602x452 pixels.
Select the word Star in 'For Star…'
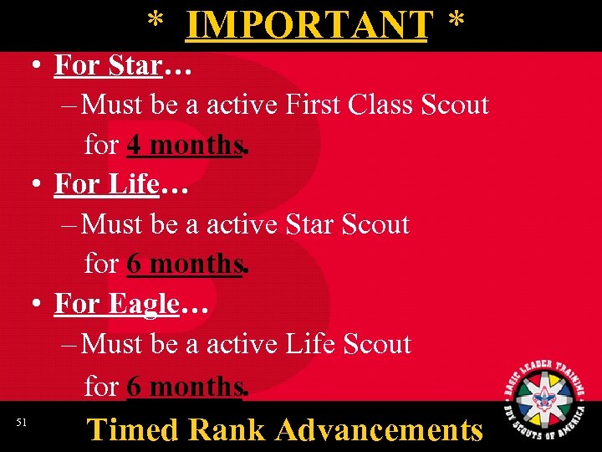[135, 65]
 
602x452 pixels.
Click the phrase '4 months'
[185, 145]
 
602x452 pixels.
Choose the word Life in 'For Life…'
[134, 184]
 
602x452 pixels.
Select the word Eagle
[144, 304]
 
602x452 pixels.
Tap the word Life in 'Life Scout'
[311, 344]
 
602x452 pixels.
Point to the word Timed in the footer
[133, 429]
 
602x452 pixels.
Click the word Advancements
[380, 429]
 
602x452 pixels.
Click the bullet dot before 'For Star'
[39, 66]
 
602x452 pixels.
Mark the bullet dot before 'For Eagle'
[39, 305]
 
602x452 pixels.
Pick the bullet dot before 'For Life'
[39, 185]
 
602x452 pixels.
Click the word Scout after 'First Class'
[455, 105]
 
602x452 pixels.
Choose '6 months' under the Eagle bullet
[185, 387]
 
